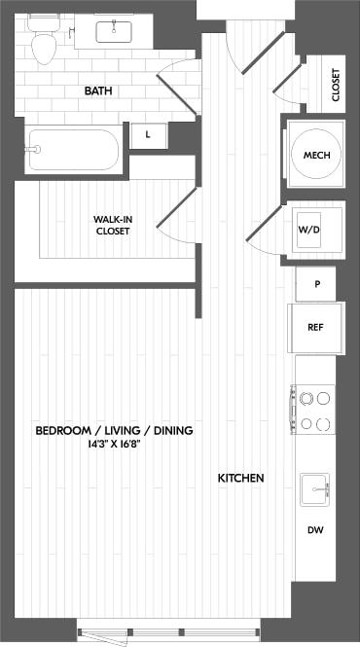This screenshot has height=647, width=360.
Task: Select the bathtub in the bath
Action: click(73, 150)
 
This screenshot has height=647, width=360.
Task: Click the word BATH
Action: click(97, 90)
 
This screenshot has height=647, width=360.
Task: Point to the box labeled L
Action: click(147, 135)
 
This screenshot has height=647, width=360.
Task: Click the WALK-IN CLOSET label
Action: click(113, 225)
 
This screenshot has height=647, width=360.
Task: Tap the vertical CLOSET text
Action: click(336, 85)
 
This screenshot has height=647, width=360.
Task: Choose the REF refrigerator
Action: click(315, 327)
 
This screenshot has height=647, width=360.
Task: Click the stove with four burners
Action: click(315, 410)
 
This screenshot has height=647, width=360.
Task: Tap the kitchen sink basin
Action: click(314, 488)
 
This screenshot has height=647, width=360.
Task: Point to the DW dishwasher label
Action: click(315, 531)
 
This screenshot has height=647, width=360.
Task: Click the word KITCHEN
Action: click(240, 478)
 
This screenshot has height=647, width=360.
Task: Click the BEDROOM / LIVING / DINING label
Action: click(114, 430)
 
